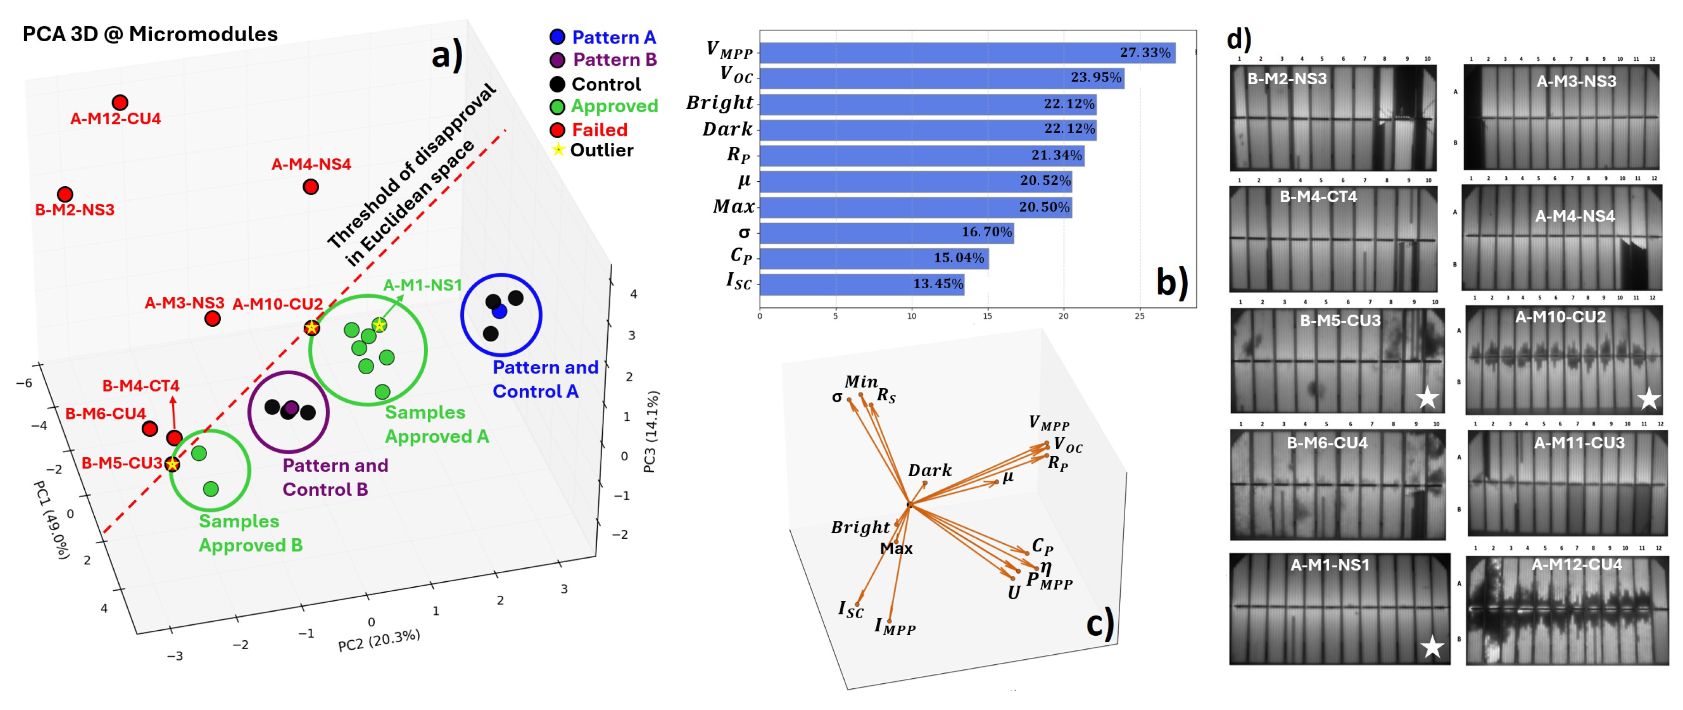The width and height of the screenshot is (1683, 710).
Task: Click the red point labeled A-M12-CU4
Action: click(120, 102)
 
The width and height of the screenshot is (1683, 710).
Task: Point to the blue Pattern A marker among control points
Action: click(500, 312)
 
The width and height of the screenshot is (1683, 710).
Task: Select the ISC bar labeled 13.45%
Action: click(861, 284)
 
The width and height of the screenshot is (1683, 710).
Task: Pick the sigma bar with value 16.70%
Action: click(886, 232)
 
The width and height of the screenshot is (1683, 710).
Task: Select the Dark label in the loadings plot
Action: click(930, 470)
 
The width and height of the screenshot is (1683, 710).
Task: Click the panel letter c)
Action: click(1099, 624)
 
